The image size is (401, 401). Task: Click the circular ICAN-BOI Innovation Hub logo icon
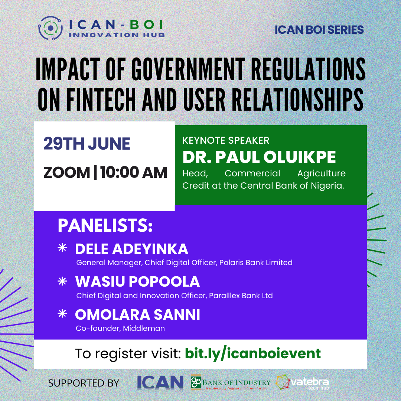50,28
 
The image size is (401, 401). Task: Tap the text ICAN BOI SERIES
319,30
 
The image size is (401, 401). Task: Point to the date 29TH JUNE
87,144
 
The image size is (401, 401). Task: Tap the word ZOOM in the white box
66,173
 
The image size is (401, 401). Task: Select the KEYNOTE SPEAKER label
226,140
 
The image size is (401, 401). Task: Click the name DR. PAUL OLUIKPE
259,157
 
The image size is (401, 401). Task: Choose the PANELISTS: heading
105,226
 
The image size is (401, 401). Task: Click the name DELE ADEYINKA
131,249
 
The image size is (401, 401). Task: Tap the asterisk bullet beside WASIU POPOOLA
62,282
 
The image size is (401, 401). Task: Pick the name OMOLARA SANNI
137,315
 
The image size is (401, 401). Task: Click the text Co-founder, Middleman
120,328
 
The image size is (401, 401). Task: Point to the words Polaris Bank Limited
256,263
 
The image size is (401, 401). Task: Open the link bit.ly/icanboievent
252,353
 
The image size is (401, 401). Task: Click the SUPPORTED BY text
84,383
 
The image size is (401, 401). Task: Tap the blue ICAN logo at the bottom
160,382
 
